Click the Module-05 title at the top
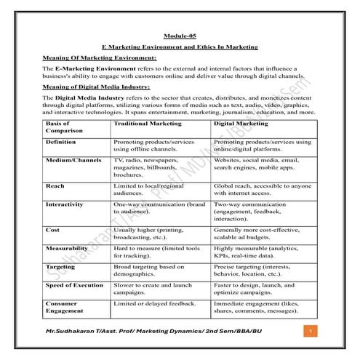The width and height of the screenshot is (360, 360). click(180, 36)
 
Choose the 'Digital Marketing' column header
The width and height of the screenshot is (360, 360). click(240, 124)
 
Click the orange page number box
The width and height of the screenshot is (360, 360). click(311, 332)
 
